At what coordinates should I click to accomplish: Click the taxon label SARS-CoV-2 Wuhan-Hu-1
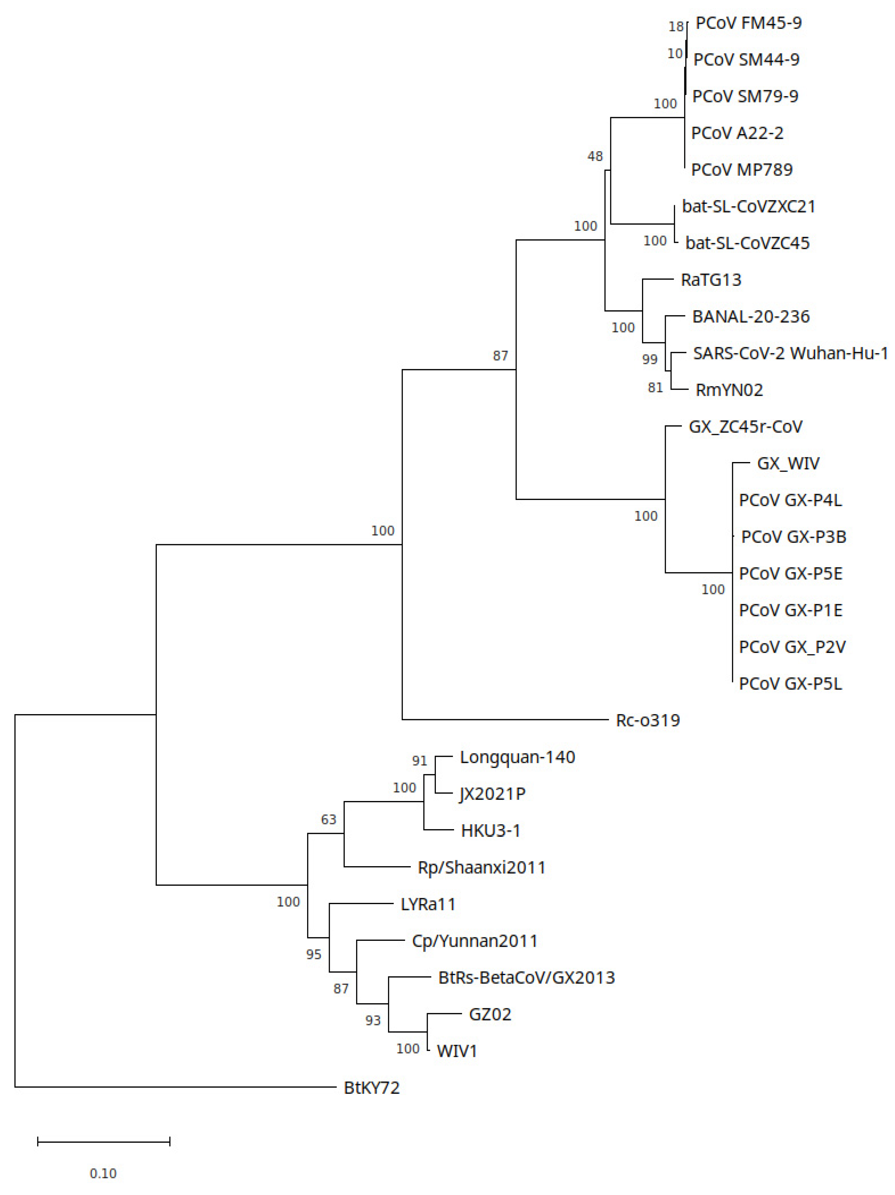pos(790,353)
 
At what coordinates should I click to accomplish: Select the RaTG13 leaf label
pos(711,280)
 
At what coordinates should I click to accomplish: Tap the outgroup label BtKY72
pos(371,1087)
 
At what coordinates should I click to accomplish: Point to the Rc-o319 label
pos(647,720)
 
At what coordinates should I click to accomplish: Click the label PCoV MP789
pos(741,170)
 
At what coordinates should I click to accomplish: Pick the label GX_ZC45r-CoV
pos(745,427)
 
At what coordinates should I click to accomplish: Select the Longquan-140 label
pos(517,757)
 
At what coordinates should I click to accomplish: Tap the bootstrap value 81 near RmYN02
pos(655,387)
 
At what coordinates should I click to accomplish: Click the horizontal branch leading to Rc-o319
pos(505,720)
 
